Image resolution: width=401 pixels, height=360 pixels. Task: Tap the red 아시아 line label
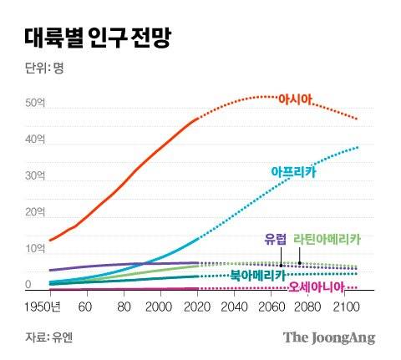pyautogui.click(x=294, y=99)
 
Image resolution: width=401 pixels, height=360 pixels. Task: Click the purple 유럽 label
pyautogui.click(x=275, y=238)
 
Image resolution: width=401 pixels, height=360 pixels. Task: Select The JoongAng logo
pyautogui.click(x=328, y=337)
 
